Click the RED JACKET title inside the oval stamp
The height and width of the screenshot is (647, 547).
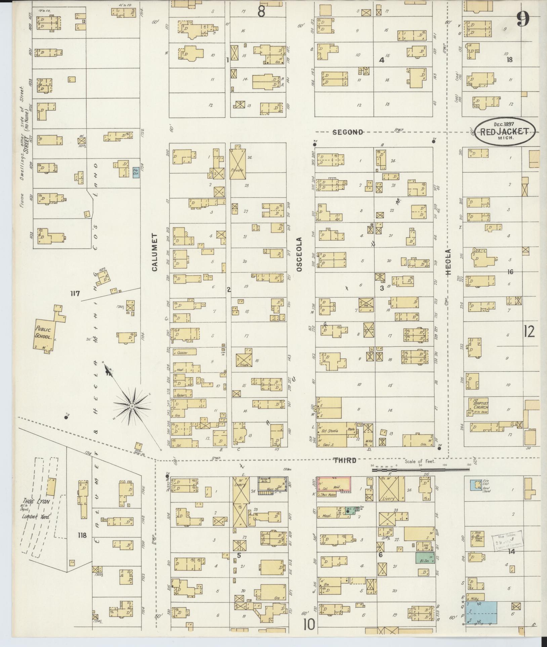pos(504,132)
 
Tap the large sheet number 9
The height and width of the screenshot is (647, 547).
pos(523,19)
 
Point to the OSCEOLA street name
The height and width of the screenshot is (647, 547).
pos(300,255)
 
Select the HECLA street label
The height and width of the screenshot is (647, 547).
pos(449,263)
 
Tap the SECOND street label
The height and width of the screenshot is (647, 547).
pos(348,132)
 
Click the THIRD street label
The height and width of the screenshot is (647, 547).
pos(345,460)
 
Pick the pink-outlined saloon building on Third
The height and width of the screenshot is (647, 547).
pos(334,485)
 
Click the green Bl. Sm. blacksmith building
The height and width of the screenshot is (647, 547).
pos(425,558)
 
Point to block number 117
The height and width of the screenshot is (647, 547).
pos(75,294)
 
